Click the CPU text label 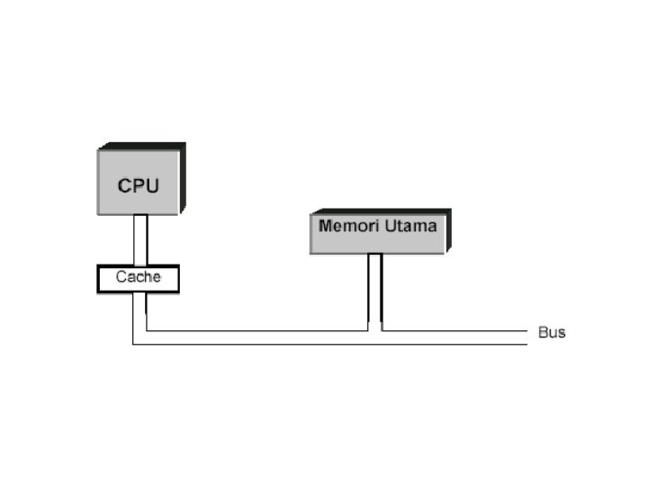point(138,186)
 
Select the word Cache point(138,277)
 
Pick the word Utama point(409,225)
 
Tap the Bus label point(552,333)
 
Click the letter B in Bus point(543,333)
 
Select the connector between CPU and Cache point(139,239)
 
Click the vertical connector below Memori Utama point(375,288)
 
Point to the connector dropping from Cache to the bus point(139,310)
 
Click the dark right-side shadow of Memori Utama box point(447,231)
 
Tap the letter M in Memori point(325,225)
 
